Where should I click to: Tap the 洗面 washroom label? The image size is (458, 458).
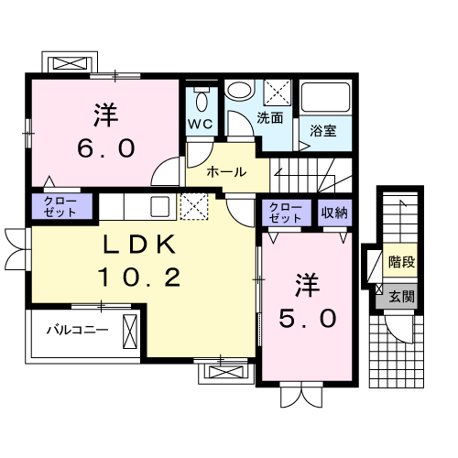(x=268, y=118)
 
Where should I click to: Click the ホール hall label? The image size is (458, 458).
(x=224, y=171)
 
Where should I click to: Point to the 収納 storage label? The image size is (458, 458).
(x=334, y=213)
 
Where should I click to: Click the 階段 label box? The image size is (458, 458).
(x=399, y=262)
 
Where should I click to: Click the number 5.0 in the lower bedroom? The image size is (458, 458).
(x=307, y=318)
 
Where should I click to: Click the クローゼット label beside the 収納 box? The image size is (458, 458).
(x=286, y=213)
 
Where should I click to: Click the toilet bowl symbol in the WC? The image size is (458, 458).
(x=201, y=96)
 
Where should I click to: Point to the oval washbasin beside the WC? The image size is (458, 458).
(x=240, y=92)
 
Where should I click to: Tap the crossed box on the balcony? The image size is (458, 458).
(x=128, y=329)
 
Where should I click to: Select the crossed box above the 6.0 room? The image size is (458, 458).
(x=71, y=65)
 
